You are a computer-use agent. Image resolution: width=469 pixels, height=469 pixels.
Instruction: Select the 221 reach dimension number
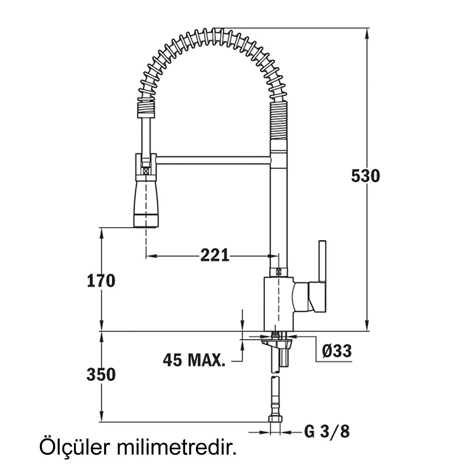tap(215, 255)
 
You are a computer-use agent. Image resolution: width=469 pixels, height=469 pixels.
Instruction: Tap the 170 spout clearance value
tap(101, 280)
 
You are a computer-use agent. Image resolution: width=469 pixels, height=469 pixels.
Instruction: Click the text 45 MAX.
tap(194, 360)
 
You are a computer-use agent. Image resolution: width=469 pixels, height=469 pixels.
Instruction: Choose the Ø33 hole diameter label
tap(337, 350)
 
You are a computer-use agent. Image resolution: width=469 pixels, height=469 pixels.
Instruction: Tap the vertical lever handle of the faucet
tap(322, 263)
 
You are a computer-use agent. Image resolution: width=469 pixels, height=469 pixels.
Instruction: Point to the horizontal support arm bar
tap(213, 160)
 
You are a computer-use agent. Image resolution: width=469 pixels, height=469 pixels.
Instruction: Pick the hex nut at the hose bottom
tap(275, 419)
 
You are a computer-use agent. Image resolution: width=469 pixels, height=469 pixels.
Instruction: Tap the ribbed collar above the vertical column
tap(279, 121)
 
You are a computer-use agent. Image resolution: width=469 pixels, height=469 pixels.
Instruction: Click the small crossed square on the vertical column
tap(279, 272)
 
